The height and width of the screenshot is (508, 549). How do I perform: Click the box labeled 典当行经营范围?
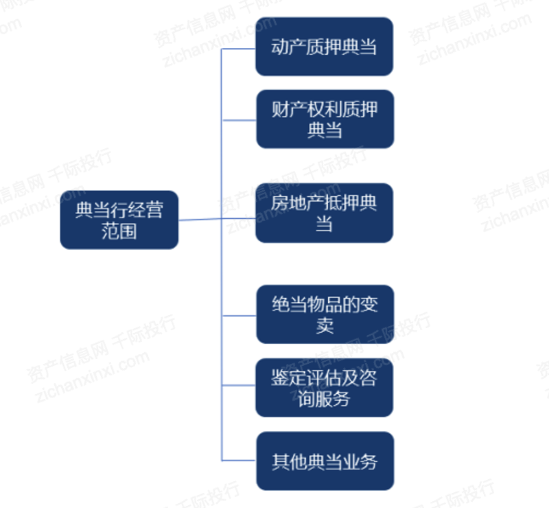point(119,220)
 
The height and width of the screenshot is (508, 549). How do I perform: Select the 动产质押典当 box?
point(324,46)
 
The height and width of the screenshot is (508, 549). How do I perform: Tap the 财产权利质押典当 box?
point(325,119)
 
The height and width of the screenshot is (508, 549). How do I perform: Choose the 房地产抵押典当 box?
point(324,213)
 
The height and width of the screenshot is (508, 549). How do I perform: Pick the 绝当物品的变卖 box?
point(325,314)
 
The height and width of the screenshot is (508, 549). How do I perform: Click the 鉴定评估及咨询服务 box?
point(324,387)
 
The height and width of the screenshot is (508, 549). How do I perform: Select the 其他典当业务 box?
point(325,461)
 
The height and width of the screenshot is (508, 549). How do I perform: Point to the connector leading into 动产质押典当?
point(238,49)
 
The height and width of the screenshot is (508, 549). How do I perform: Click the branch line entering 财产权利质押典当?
point(239,120)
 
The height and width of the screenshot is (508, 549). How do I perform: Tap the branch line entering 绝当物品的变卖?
point(239,316)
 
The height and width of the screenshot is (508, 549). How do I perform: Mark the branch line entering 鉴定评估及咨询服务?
point(239,385)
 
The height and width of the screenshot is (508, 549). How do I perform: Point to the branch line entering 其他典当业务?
point(239,461)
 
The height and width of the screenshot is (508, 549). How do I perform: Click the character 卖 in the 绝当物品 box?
point(325,325)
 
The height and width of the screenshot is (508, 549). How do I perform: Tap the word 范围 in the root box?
point(119,231)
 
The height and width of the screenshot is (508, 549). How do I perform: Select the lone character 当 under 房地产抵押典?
point(324,224)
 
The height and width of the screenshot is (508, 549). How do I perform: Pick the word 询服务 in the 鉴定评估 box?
point(324,399)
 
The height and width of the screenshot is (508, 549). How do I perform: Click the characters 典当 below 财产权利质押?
point(325,130)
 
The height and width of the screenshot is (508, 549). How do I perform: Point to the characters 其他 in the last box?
point(290,462)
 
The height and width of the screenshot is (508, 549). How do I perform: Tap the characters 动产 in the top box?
point(288,47)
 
